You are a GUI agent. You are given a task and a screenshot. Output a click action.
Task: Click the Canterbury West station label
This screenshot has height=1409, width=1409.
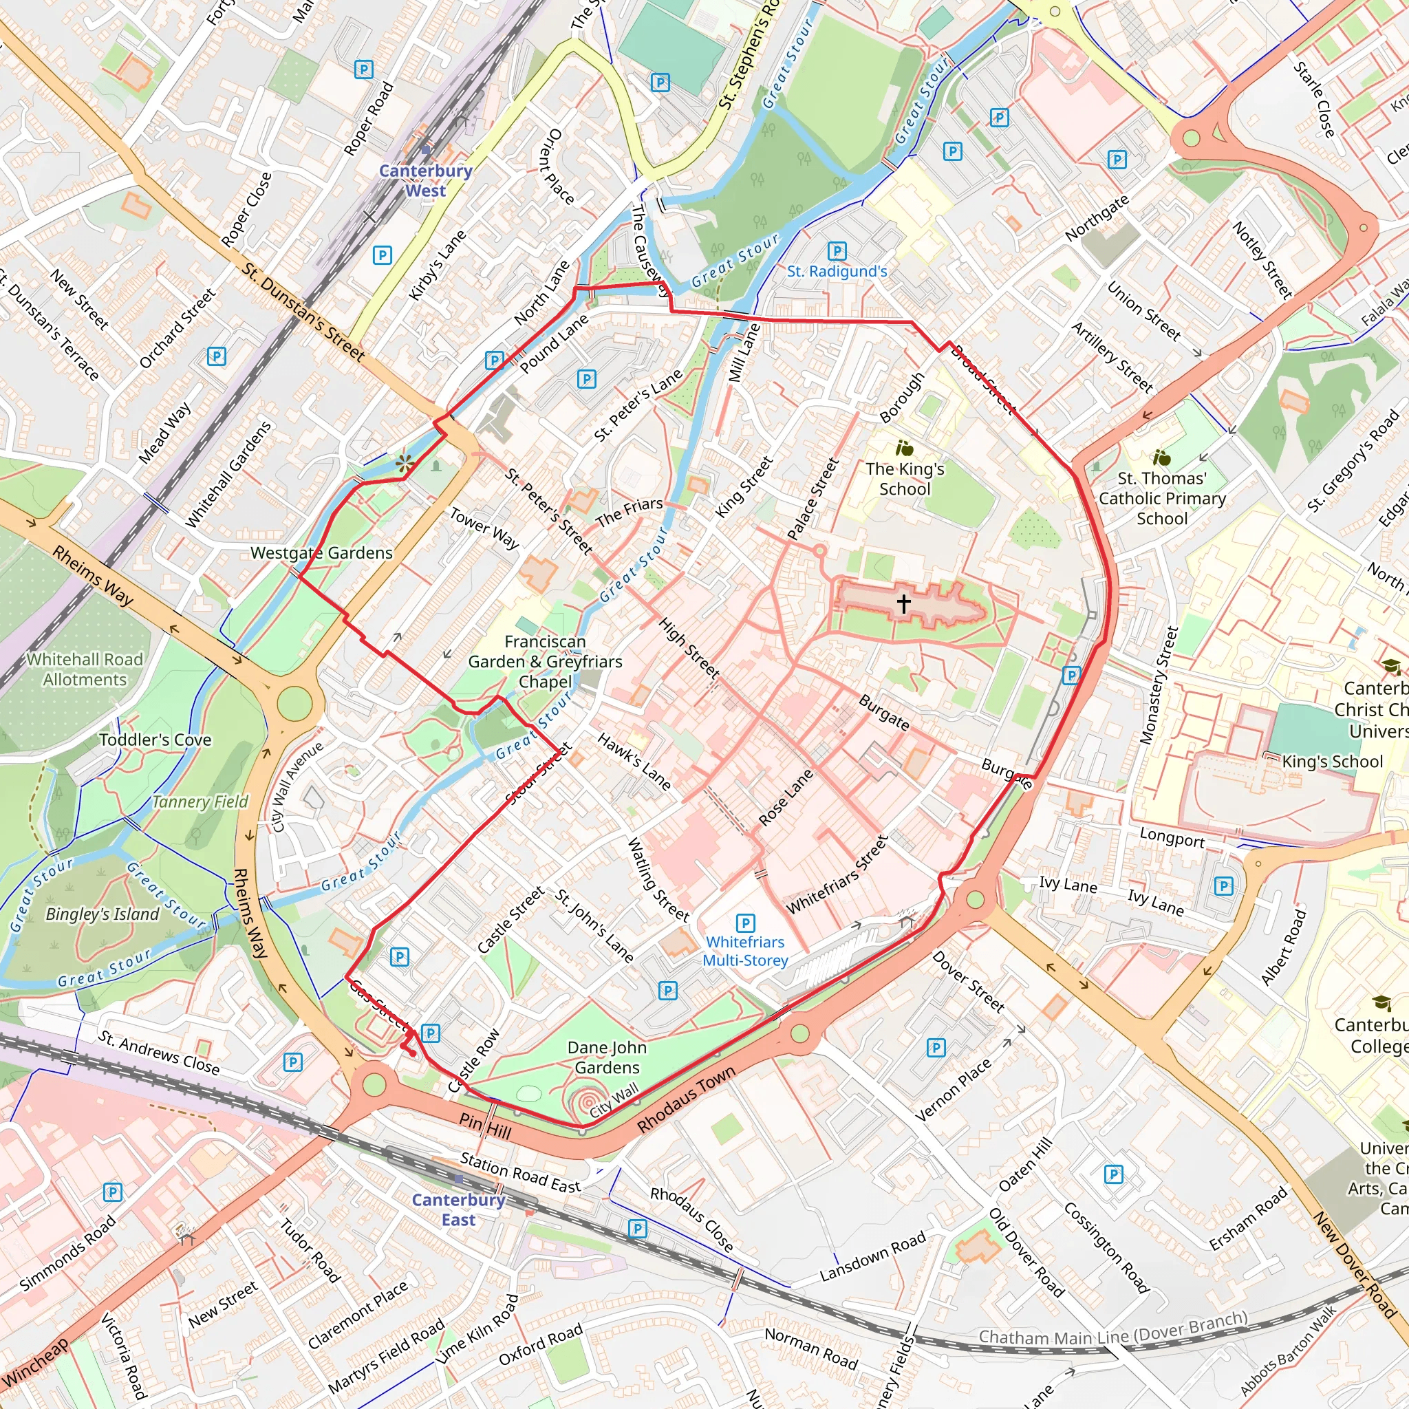pos(425,180)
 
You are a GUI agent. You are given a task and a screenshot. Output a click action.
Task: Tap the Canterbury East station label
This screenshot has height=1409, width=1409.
pos(458,1210)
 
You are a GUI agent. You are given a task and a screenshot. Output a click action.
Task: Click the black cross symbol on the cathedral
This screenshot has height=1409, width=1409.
pos(903,603)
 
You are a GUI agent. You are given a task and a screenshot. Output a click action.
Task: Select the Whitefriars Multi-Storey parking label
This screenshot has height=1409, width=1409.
pos(744,951)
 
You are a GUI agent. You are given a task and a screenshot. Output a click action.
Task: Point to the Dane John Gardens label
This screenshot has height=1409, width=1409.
pos(607,1057)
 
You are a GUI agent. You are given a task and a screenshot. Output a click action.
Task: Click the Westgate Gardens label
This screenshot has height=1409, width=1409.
pos(321,553)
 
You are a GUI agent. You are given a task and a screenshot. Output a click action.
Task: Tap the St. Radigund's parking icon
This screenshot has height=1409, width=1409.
pos(837,251)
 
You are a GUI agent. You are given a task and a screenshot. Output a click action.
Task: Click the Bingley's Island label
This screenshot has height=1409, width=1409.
pos(102,914)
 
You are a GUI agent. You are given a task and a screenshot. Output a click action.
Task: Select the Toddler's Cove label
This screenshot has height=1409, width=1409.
pos(155,740)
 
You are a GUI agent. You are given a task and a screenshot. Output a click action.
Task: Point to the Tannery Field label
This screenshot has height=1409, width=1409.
pos(200,802)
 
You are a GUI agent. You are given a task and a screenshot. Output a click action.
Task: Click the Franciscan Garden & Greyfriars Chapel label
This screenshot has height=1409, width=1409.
pos(545,661)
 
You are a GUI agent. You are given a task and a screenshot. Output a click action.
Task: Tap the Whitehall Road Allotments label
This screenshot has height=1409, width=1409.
pos(85,669)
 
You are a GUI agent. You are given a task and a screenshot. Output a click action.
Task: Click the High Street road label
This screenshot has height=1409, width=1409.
pos(689,647)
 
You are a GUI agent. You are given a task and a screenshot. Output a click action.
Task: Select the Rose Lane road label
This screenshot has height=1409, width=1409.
pos(786,797)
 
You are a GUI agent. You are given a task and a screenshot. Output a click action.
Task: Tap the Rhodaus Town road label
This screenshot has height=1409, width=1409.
pos(685,1100)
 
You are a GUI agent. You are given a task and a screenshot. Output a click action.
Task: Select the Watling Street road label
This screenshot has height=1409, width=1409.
pos(657,879)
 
